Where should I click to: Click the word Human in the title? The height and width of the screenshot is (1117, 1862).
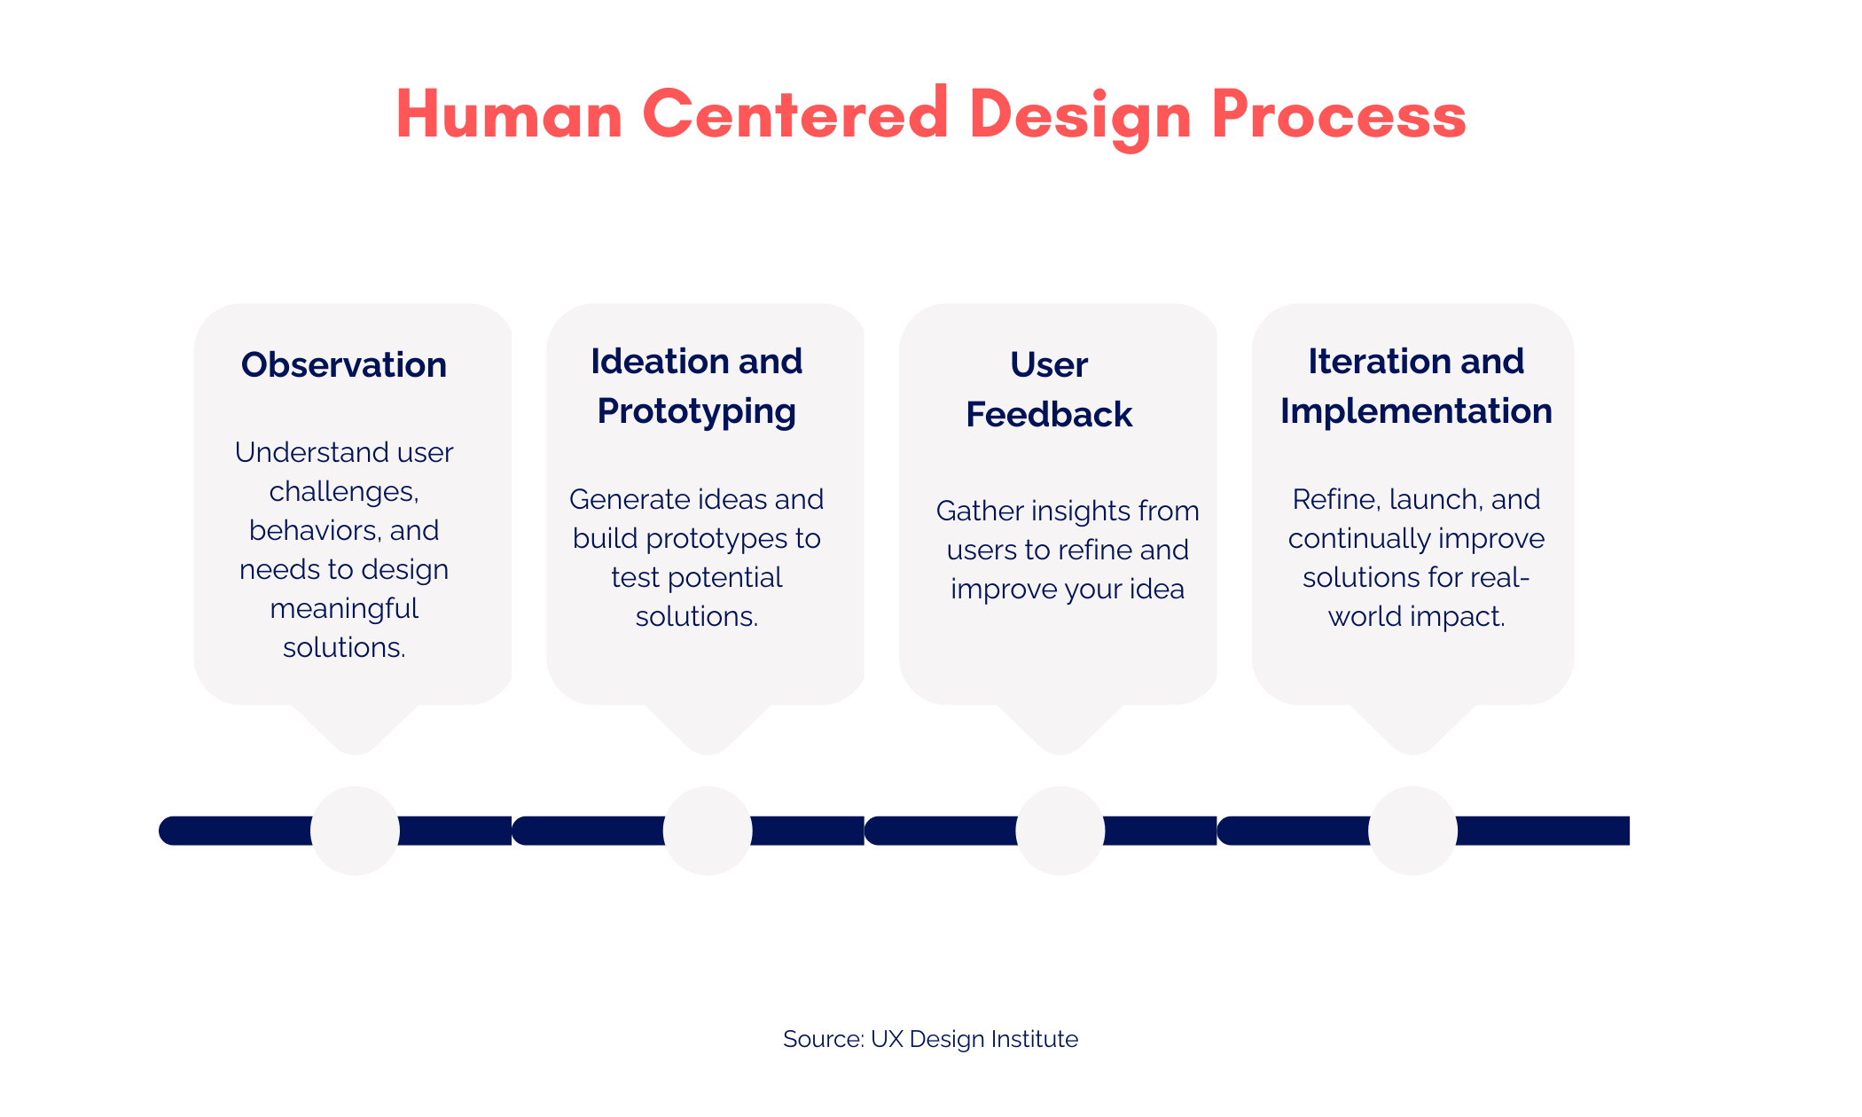pos(509,115)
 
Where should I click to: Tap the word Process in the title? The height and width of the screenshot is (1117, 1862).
pos(1339,115)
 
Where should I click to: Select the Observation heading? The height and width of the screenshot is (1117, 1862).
pos(344,365)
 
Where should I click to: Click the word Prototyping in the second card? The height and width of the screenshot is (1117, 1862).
pos(696,412)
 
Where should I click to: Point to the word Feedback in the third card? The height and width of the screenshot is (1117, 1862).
pos(1049,415)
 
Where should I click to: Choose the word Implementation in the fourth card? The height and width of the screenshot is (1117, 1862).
pos(1416,411)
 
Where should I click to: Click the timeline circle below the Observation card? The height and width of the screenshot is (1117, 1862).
pos(355,831)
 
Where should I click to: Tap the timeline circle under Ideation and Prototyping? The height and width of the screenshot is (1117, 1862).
pos(708,831)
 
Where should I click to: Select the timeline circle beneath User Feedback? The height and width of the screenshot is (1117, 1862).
pos(1060,831)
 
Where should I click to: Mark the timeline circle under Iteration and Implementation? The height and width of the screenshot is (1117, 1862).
pos(1412,831)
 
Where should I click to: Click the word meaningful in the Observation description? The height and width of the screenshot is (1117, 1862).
pos(344,609)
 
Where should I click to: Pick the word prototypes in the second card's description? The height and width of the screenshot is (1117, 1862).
pos(716,539)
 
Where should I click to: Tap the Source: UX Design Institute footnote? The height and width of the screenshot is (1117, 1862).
pos(930,1039)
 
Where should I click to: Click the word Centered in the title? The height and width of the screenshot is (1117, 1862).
pos(795,115)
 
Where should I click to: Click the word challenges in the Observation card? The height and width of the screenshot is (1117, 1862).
pos(343,492)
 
